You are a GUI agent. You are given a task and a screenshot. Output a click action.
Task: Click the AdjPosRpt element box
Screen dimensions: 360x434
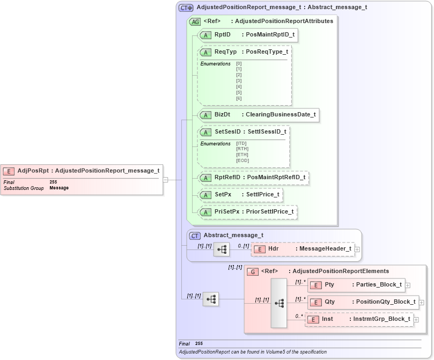82,171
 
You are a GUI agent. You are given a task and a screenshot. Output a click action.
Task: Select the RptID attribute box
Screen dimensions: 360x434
248,35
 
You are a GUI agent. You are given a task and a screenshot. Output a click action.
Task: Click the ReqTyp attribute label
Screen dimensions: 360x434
225,52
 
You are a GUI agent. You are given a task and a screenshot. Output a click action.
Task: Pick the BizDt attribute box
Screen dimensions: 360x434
259,115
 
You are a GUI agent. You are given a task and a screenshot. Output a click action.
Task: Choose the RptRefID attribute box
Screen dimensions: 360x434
253,178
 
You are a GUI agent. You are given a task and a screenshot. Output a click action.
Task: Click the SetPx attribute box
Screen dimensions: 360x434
241,195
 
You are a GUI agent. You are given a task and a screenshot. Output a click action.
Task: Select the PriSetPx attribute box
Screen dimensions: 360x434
248,212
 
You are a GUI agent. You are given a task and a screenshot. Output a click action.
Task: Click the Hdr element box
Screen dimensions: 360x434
303,249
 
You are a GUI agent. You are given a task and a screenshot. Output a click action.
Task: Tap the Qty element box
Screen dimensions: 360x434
363,302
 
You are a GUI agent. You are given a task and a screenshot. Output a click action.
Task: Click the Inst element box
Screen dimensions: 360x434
359,319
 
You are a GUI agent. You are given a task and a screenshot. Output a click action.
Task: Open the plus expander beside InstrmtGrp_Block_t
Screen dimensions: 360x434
416,320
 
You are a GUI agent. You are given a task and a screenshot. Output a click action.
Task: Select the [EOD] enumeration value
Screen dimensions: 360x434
242,160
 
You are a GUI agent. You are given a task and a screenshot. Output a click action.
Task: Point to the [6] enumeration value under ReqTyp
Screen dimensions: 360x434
239,98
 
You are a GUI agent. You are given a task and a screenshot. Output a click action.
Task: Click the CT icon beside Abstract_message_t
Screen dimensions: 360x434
196,235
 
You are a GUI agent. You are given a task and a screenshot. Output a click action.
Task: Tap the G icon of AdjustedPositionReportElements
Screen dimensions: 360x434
253,272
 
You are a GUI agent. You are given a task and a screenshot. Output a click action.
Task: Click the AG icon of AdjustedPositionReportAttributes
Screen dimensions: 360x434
196,21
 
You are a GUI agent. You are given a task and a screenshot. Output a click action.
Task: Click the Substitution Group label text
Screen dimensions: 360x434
24,188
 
